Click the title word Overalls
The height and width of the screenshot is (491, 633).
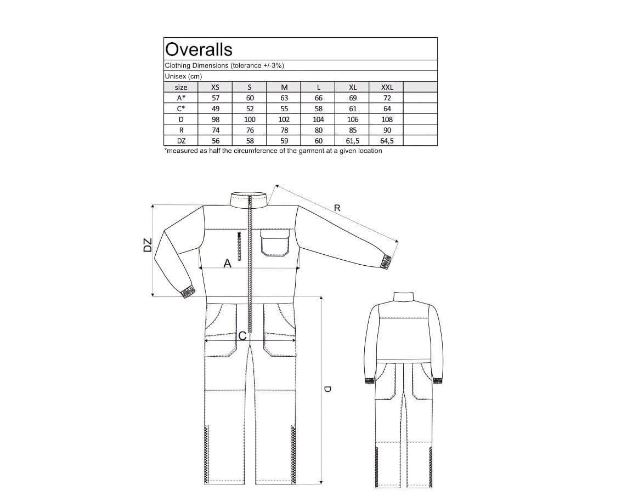coord(199,49)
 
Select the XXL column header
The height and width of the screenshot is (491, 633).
coord(387,87)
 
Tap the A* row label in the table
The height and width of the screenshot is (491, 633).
coord(181,98)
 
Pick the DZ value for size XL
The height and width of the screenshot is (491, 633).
coord(353,141)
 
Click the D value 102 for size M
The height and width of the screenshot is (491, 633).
coord(284,119)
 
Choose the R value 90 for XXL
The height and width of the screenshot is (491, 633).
coord(387,130)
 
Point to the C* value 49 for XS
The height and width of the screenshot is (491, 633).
coord(216,109)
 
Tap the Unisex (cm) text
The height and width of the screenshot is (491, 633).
coord(183,76)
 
